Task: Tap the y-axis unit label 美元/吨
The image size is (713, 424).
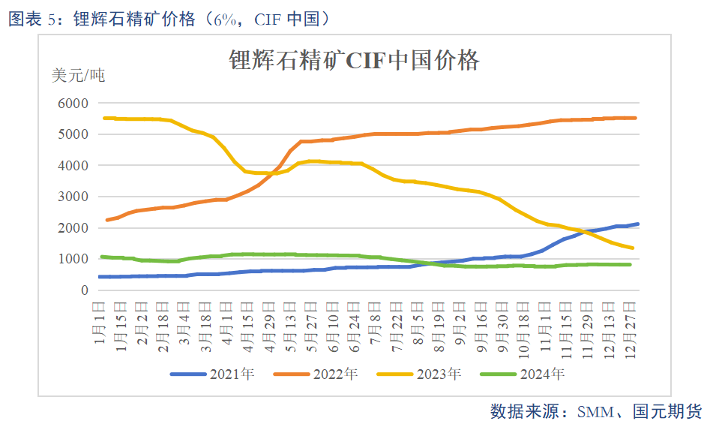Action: [78, 75]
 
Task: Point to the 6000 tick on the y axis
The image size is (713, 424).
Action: [73, 103]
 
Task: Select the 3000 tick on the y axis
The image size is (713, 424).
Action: [73, 197]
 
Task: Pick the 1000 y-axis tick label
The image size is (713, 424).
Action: [73, 259]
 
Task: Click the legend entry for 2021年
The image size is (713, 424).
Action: [212, 373]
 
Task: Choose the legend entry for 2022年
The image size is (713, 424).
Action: [315, 373]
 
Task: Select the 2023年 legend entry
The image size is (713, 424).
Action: [418, 373]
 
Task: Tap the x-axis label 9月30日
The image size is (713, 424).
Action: [502, 320]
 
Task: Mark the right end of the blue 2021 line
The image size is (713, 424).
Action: [637, 224]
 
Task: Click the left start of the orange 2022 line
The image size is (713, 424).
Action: [106, 220]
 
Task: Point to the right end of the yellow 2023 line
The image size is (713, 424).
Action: [633, 248]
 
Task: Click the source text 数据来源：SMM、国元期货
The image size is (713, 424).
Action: [596, 411]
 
